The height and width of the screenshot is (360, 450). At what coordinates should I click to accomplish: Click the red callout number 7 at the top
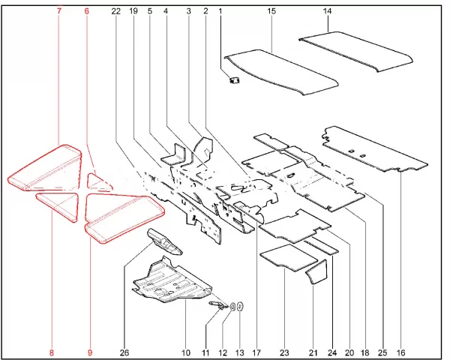coord(59,11)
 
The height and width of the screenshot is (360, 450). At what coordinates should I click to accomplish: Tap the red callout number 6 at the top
coord(86,11)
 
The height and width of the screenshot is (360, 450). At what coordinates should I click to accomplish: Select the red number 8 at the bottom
coord(52,352)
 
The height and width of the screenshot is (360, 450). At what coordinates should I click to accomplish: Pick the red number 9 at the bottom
coord(90,352)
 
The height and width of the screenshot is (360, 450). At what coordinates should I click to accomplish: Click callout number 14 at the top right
coord(327,11)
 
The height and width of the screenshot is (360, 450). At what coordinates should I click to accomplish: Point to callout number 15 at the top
coord(271,11)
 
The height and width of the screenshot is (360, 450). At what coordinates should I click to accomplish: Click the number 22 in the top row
coord(116,11)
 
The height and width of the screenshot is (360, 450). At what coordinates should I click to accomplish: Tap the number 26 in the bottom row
coord(124,352)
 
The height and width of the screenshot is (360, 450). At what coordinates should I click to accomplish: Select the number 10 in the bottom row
coord(186,352)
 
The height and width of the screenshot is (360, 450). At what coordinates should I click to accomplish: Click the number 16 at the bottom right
coord(400,352)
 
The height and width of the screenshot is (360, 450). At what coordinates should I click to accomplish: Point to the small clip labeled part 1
coord(235,79)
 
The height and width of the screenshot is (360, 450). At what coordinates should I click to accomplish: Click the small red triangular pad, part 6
coord(98,182)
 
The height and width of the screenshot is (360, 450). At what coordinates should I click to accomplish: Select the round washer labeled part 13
coord(241,307)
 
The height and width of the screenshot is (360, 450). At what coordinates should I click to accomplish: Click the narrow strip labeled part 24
coord(322,246)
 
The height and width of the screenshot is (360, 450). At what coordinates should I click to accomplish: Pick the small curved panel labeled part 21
coord(316,271)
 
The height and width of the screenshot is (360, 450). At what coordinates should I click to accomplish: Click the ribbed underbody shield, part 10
coord(172,281)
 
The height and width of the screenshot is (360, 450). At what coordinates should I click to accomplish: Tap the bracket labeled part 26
coord(165,241)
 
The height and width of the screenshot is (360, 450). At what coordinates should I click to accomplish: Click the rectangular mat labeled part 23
coord(289,257)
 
